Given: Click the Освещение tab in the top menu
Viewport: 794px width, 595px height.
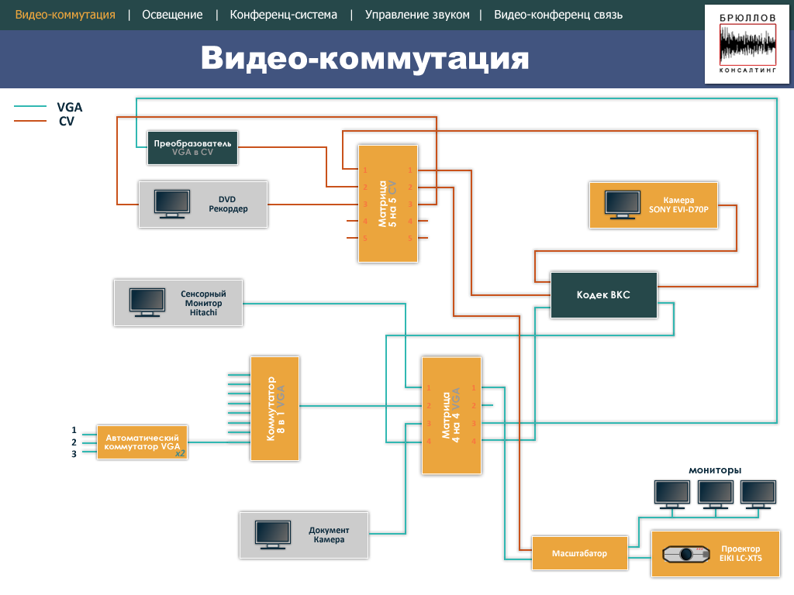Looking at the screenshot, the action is point(172,15).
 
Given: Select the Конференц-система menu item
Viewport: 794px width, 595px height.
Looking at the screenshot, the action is point(284,15).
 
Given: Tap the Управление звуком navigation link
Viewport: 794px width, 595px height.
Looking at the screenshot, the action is point(417,15).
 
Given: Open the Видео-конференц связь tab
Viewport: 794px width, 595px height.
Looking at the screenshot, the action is point(558,15).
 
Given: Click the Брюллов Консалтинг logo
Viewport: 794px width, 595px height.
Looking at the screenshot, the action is point(747,44).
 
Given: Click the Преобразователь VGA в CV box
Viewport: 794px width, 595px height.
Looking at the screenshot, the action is point(192,148).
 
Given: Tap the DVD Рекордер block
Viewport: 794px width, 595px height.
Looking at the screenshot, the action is point(203,204).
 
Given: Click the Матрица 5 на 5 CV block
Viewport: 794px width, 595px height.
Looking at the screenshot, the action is point(388,204).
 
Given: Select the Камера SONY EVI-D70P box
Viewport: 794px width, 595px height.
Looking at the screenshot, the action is point(653,205).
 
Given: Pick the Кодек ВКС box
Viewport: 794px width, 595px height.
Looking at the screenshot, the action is point(603,295).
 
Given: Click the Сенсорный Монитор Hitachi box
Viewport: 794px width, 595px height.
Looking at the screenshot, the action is point(178,303).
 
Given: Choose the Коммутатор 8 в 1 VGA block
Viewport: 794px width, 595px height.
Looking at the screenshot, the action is point(275,408).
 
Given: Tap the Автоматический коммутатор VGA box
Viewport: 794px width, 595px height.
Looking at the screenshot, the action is point(143,442).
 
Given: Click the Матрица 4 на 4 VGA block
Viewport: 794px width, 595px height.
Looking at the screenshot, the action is point(451,415).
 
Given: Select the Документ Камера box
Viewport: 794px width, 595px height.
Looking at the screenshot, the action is point(304,535).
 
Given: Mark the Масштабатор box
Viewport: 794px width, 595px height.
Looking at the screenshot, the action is point(580,553).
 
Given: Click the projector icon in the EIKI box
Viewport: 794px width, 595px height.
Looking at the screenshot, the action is point(686,554).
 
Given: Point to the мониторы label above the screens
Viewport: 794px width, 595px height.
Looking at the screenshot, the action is point(714,470).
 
